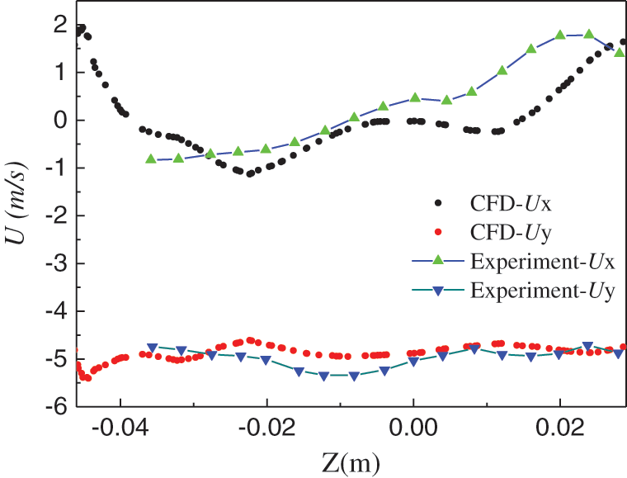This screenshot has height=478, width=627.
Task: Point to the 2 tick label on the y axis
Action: tap(60, 25)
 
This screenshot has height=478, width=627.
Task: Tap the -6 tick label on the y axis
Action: tap(54, 407)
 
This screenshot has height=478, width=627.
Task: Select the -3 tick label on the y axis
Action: tap(54, 263)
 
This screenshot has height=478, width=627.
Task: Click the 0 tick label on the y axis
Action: tap(60, 121)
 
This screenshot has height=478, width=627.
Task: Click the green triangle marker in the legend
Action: tap(437, 262)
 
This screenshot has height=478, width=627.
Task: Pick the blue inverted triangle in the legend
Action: tap(437, 291)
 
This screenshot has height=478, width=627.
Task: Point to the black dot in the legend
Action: tap(437, 202)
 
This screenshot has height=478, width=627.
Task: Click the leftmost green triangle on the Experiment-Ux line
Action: tap(151, 159)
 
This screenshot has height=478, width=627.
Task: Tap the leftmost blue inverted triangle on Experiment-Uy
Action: tap(152, 348)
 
